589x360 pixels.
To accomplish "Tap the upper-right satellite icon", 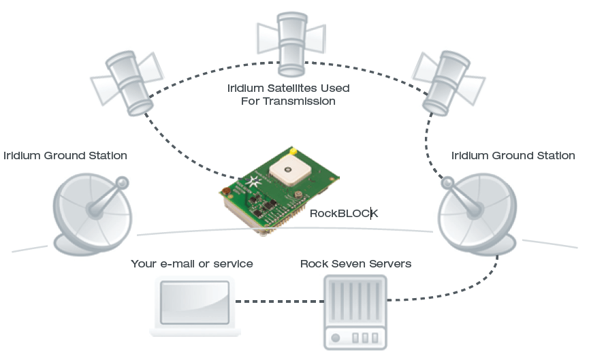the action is [x=448, y=82].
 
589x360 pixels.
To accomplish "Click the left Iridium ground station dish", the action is [x=92, y=214].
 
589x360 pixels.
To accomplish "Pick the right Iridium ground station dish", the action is [x=477, y=214].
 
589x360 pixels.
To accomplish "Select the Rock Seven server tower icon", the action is [x=355, y=312].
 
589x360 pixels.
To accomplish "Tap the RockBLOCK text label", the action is [x=344, y=214].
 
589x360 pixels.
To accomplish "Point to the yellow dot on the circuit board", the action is [x=293, y=152].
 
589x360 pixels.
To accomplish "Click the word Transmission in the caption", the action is [x=299, y=101].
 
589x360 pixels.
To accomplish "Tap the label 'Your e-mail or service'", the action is [x=192, y=264].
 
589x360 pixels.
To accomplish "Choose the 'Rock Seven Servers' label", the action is [x=355, y=264].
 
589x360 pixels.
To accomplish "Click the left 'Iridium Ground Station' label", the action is [x=65, y=156].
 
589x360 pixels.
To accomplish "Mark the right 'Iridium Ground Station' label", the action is [x=513, y=156].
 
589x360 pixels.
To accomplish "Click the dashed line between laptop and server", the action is [x=280, y=301].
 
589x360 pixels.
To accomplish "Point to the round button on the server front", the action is [x=336, y=338].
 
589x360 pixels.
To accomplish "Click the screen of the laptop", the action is [x=195, y=302].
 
